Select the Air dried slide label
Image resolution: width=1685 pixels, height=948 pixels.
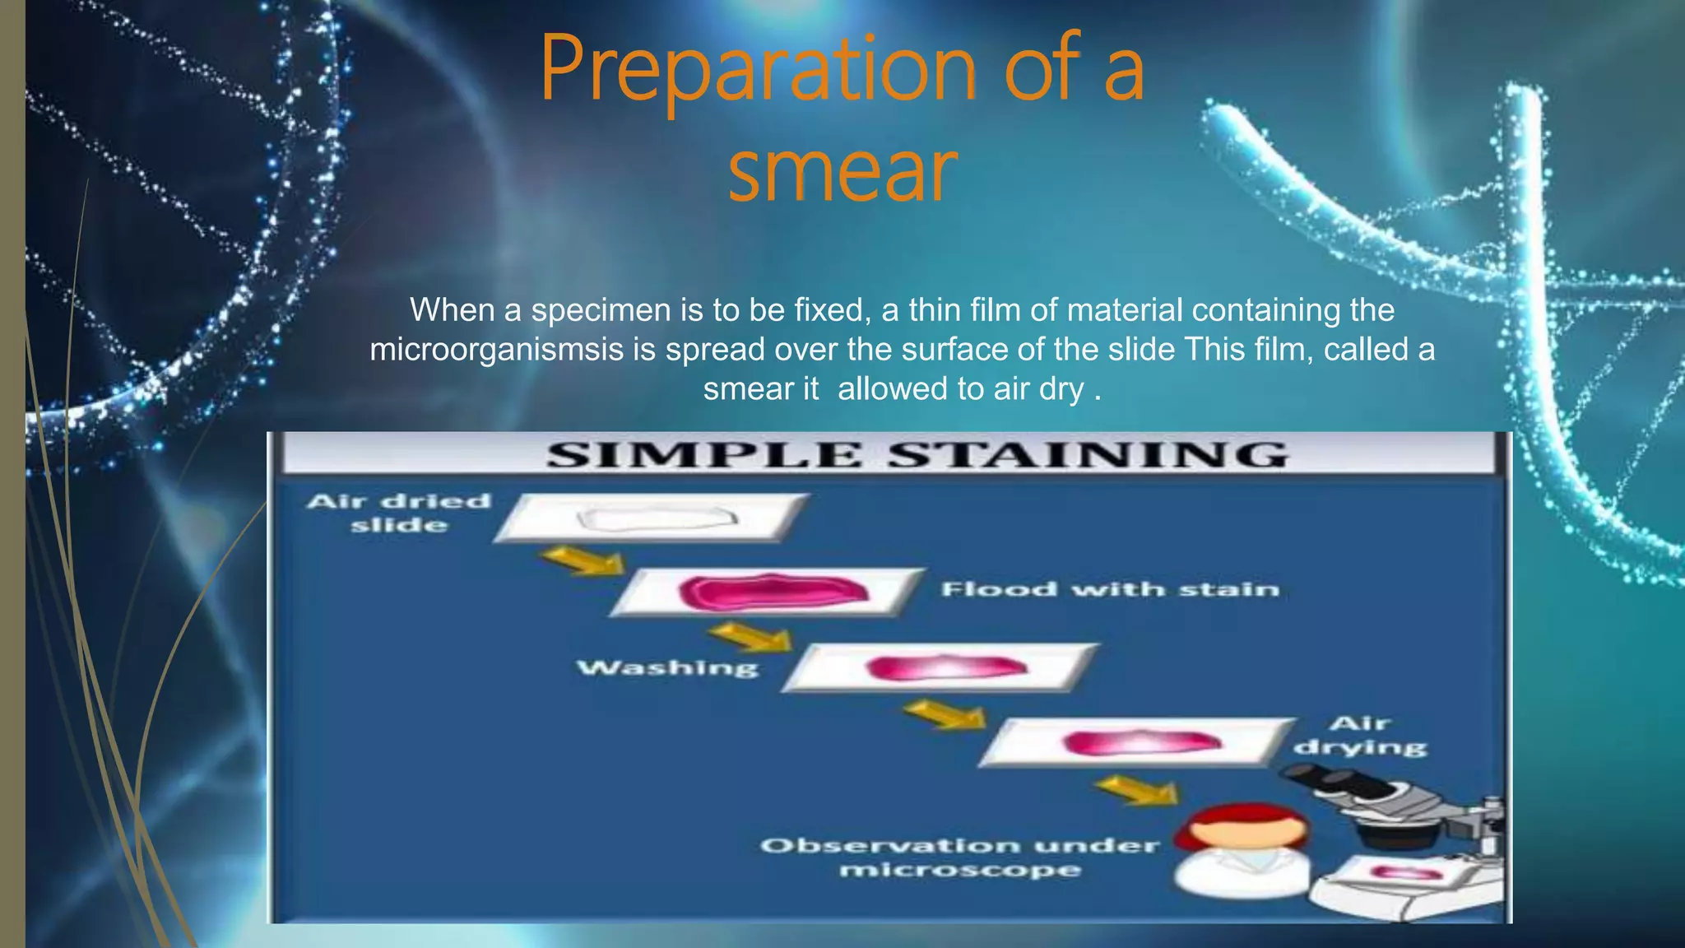coord(399,513)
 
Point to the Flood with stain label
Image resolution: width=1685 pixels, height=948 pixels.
coord(1110,589)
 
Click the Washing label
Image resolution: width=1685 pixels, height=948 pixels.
coord(667,667)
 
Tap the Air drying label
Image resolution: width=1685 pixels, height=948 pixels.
coord(1360,735)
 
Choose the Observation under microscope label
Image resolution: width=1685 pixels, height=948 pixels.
coord(960,857)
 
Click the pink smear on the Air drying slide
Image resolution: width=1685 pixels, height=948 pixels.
coord(1142,743)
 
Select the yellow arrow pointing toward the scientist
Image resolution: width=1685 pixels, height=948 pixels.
coord(1140,791)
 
